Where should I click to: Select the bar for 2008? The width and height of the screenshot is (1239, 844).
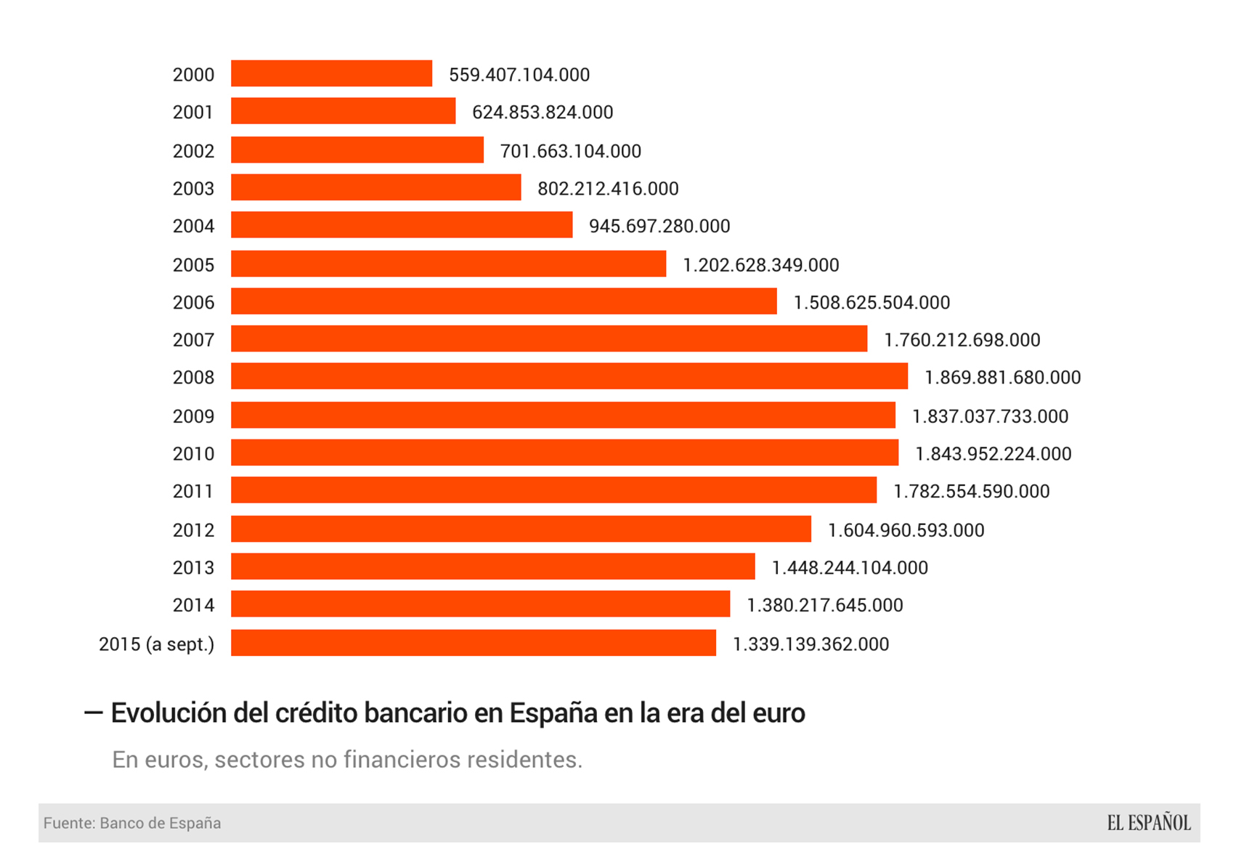(569, 376)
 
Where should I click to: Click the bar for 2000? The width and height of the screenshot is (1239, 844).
(331, 73)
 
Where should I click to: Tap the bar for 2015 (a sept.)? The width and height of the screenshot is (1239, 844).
(473, 643)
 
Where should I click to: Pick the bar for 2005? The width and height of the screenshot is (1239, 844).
(448, 264)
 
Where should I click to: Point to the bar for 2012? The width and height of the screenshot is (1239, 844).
(521, 529)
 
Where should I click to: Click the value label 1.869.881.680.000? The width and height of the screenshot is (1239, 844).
(1002, 378)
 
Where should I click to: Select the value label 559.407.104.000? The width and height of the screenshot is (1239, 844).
(519, 75)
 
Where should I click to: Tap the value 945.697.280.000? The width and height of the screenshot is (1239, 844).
(659, 227)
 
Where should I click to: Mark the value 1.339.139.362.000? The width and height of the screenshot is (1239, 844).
(811, 644)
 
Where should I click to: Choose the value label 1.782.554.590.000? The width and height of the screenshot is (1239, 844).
(971, 492)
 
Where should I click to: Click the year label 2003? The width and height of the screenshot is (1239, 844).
(193, 189)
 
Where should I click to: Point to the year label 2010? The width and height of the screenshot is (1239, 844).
(193, 454)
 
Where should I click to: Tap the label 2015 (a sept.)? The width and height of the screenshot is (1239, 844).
(156, 644)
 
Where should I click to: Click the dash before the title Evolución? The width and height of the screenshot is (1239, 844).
(93, 713)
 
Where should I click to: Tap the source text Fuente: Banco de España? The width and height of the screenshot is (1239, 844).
(132, 823)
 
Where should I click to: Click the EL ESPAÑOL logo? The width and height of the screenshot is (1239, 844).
(1148, 823)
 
